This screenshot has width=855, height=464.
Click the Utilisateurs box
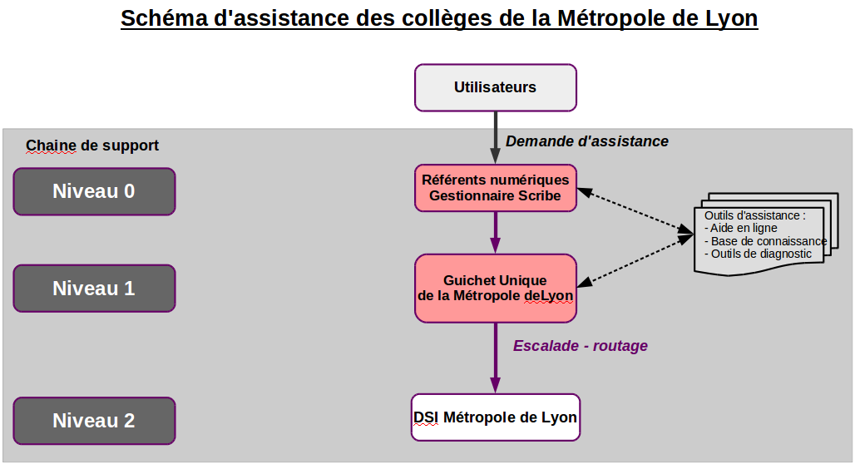pyautogui.click(x=495, y=88)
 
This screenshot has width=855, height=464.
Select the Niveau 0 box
pyautogui.click(x=94, y=191)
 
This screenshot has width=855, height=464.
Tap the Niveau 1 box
pyautogui.click(x=94, y=289)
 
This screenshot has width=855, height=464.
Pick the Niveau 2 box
pyautogui.click(x=94, y=421)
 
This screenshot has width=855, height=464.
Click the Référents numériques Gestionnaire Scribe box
pyautogui.click(x=495, y=188)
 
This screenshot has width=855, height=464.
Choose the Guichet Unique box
pyautogui.click(x=495, y=289)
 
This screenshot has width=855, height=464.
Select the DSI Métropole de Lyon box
pyautogui.click(x=495, y=417)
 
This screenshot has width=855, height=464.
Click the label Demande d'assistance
pyautogui.click(x=586, y=141)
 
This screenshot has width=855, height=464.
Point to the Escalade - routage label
pyautogui.click(x=581, y=346)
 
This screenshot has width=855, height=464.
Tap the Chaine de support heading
pyautogui.click(x=92, y=146)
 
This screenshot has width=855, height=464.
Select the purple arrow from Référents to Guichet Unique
pyautogui.click(x=495, y=233)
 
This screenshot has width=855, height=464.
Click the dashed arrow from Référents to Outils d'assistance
pyautogui.click(x=635, y=211)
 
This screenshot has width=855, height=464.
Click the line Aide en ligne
pyautogui.click(x=741, y=228)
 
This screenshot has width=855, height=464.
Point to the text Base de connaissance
pyautogui.click(x=765, y=241)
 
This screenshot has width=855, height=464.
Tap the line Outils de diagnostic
pyautogui.click(x=758, y=254)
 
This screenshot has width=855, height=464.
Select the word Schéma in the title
pyautogui.click(x=164, y=18)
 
